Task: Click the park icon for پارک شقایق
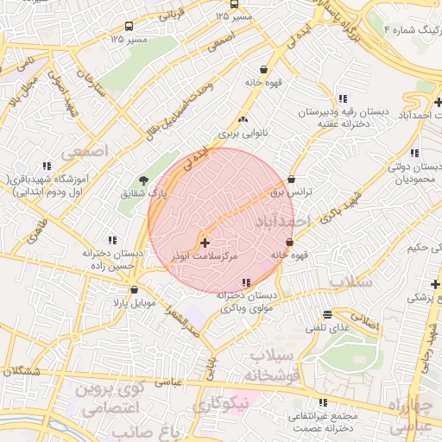point(143,180)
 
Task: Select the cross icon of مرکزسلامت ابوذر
point(204,243)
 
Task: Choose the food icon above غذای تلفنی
point(326,315)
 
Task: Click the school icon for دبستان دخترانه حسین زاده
point(111,240)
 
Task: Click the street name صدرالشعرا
point(185,323)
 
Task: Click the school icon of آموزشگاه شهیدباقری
point(46,166)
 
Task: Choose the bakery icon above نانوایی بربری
point(242,120)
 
